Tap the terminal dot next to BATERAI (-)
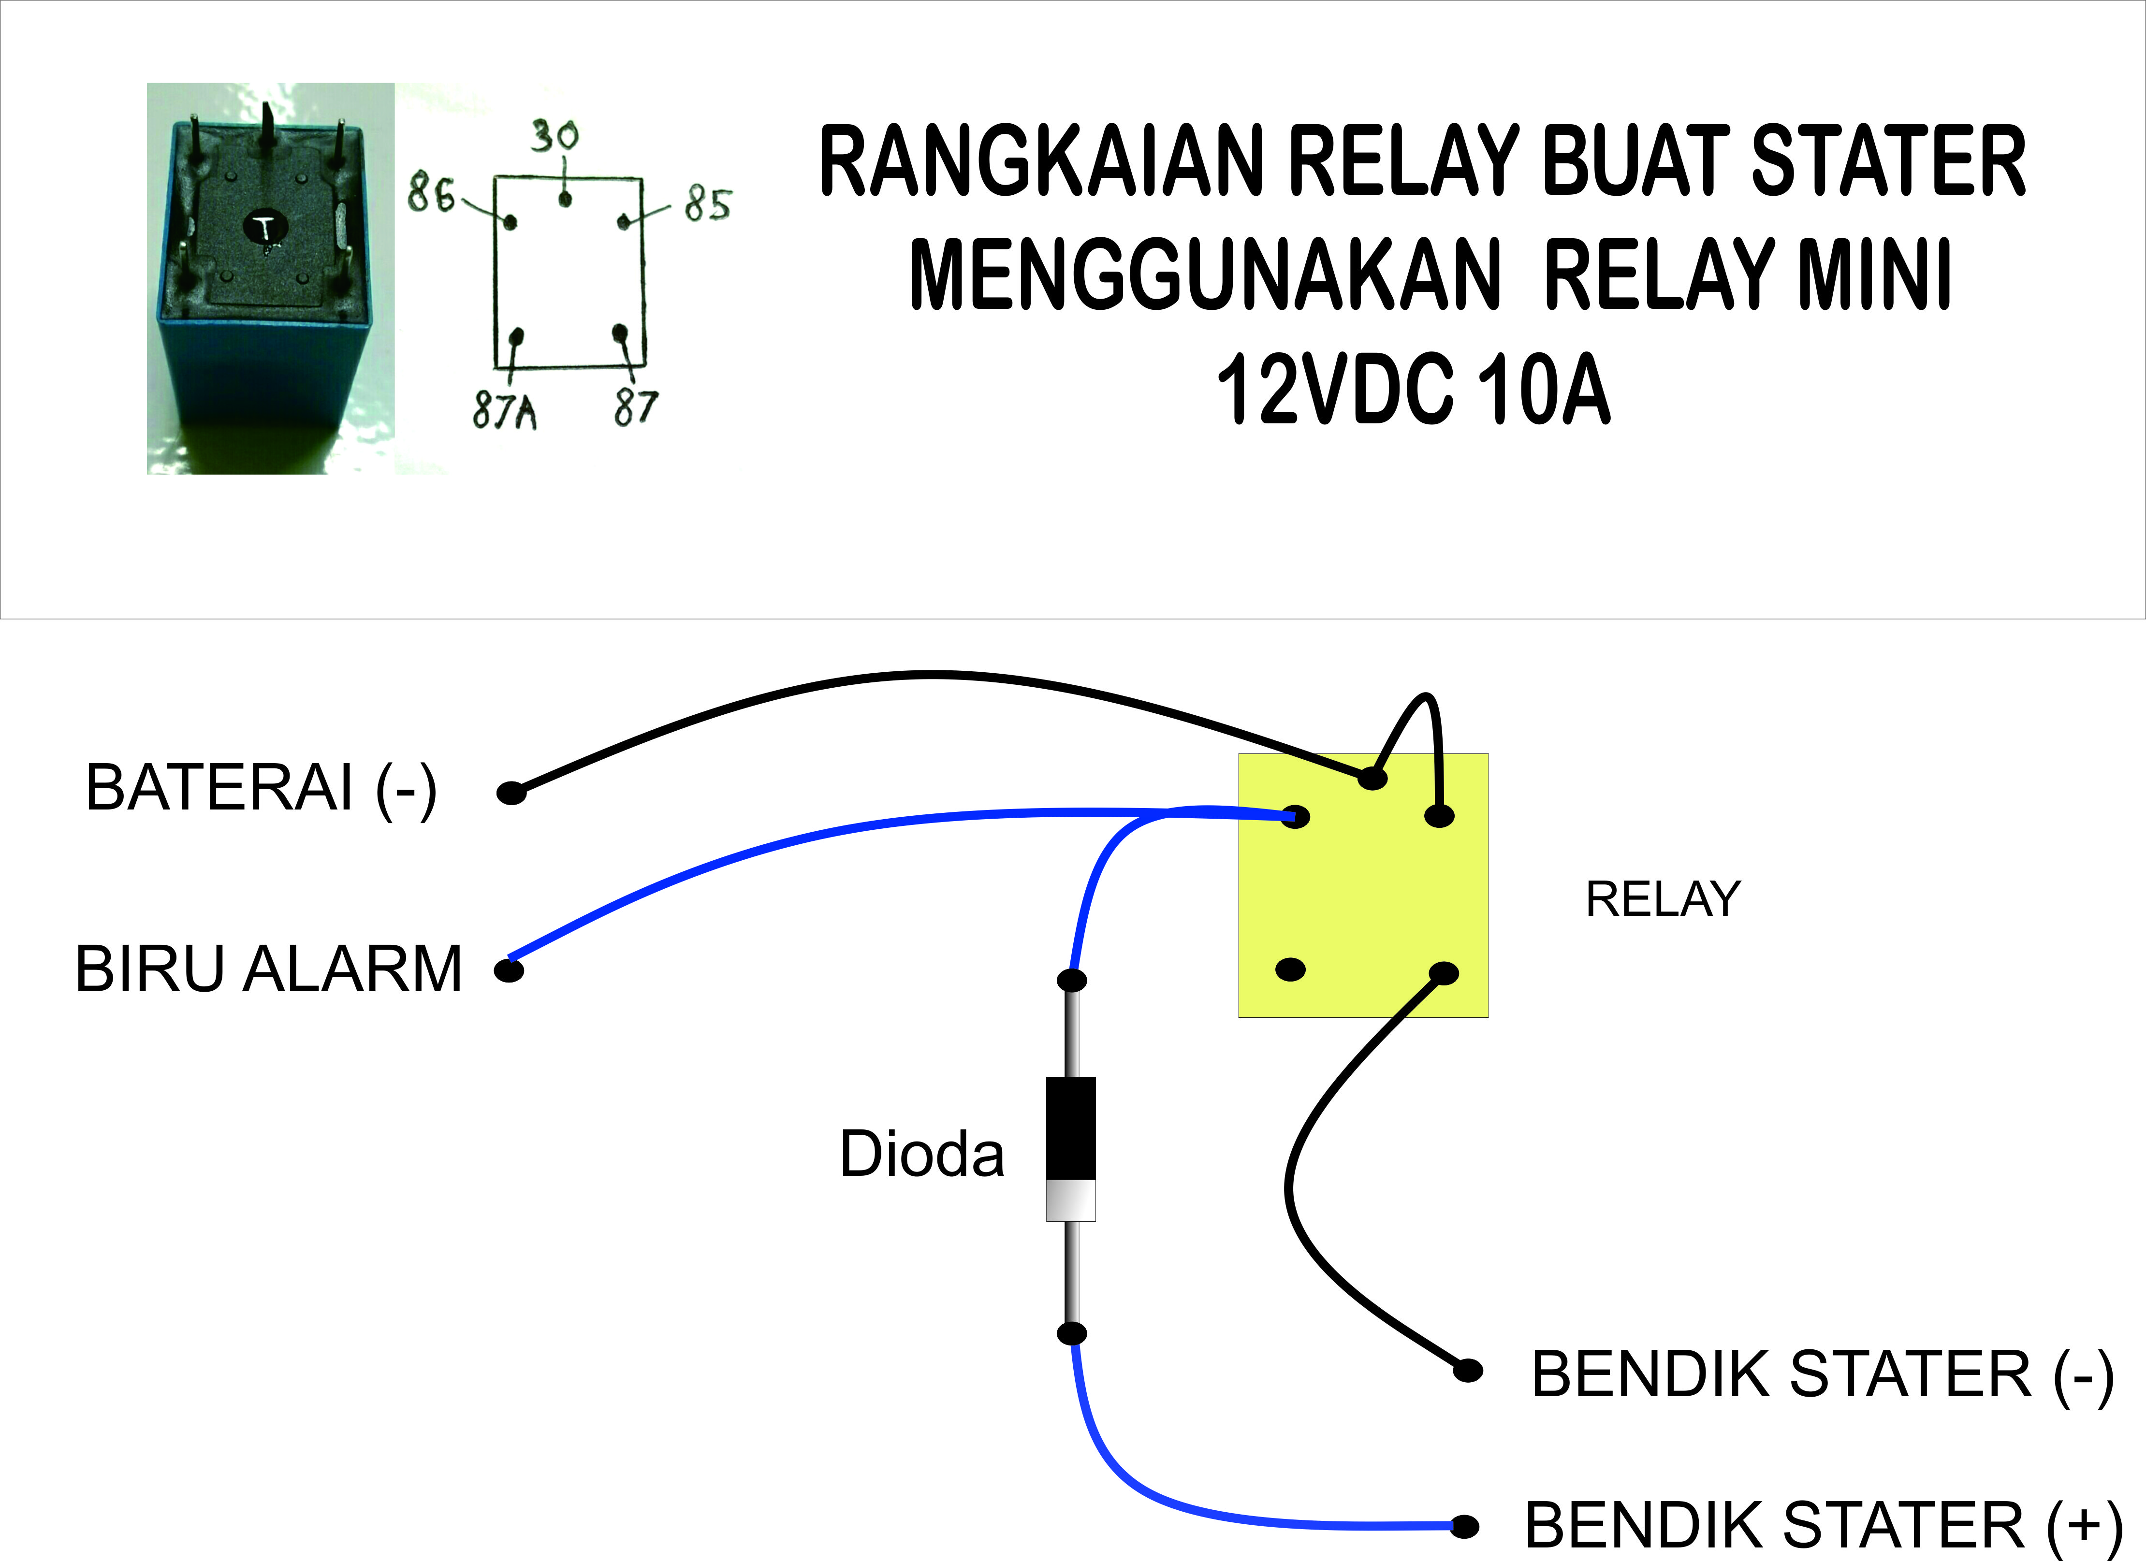(511, 793)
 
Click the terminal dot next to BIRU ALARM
(509, 970)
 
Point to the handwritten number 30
(555, 136)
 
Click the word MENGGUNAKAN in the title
(1204, 275)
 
